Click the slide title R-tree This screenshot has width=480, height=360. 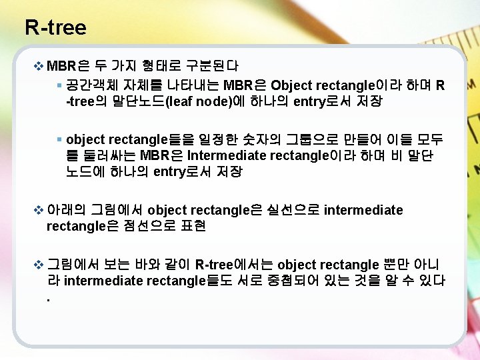tap(55, 27)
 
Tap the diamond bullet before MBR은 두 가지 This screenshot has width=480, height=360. tap(38, 66)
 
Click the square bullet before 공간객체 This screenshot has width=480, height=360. tap(59, 85)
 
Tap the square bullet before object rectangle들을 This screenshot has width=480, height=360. tap(59, 139)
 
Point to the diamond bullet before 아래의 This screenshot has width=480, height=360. tap(38, 211)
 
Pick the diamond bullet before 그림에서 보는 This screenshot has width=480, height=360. tap(38, 265)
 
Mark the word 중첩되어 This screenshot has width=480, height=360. tap(291, 281)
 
